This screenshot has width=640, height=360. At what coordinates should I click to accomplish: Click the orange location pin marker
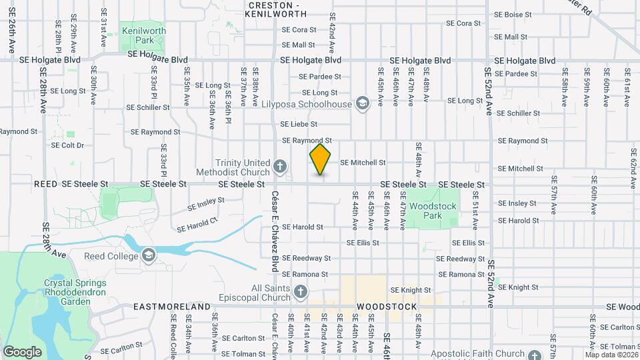coord(320,159)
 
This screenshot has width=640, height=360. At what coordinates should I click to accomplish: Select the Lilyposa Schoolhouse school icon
coord(362,103)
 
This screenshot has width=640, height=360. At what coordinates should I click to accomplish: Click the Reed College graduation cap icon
coord(148,255)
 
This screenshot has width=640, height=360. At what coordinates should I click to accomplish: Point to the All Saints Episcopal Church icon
coord(301,292)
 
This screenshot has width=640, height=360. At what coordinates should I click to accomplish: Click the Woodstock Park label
coord(433,211)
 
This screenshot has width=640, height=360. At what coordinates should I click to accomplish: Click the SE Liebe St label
coord(299,124)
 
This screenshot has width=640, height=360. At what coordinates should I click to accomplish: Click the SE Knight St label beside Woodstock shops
coord(411,290)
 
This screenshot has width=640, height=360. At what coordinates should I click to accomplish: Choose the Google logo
coord(23,351)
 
